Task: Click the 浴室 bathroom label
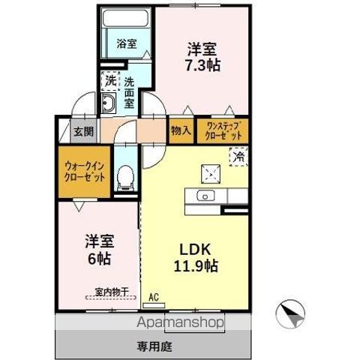(x=126, y=43)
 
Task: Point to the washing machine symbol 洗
(x=110, y=80)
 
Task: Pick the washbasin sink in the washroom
(x=108, y=104)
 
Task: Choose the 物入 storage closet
(x=181, y=130)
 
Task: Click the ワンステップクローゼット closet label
(x=222, y=131)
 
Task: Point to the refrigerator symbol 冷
(x=238, y=157)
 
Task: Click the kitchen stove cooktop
(x=211, y=173)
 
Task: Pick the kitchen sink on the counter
(x=205, y=196)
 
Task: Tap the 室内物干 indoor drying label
(x=112, y=291)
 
